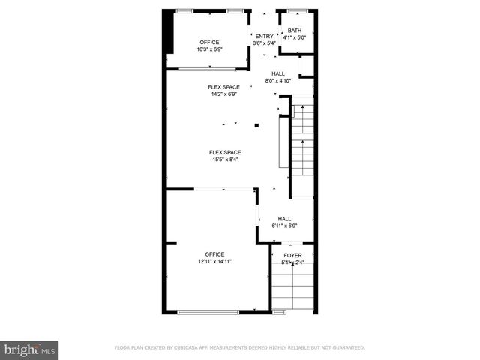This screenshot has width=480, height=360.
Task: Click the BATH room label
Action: click(294, 30)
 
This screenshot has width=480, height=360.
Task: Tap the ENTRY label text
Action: click(264, 36)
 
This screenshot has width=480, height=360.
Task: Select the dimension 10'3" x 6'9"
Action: click(210, 49)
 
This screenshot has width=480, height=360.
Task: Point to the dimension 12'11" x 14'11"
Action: click(215, 262)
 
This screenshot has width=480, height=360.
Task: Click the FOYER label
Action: click(292, 255)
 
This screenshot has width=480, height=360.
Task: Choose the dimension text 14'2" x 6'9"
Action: click(223, 94)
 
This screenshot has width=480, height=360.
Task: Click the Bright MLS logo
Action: click(29, 349)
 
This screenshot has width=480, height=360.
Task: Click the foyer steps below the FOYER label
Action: click(291, 289)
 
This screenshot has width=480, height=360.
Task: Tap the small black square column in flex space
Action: click(256, 125)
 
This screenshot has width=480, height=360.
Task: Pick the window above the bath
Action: click(298, 10)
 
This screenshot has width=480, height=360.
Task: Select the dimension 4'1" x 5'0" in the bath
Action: click(294, 37)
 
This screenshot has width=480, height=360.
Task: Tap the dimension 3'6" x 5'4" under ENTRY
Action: click(264, 43)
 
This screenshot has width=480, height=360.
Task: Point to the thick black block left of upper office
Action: click(169, 32)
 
